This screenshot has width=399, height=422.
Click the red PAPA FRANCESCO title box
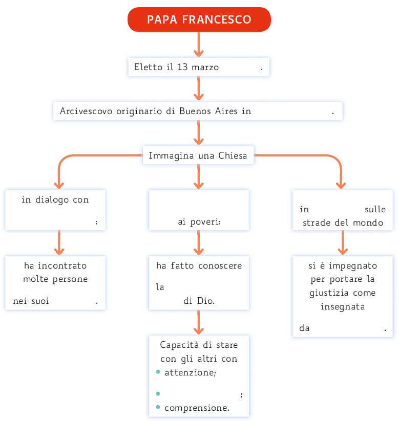[199, 19]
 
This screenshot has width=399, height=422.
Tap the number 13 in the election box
[182, 67]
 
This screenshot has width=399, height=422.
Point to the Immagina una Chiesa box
[198, 156]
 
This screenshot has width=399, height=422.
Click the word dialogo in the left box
[53, 199]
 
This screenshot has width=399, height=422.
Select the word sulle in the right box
[375, 209]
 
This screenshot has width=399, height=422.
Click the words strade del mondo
[343, 223]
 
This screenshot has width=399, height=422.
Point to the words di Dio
[199, 301]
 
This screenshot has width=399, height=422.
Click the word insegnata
[343, 306]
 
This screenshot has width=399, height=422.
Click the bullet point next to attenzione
[158, 372]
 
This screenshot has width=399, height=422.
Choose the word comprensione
[197, 408]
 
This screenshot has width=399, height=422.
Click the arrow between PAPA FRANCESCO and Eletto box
[199, 46]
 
